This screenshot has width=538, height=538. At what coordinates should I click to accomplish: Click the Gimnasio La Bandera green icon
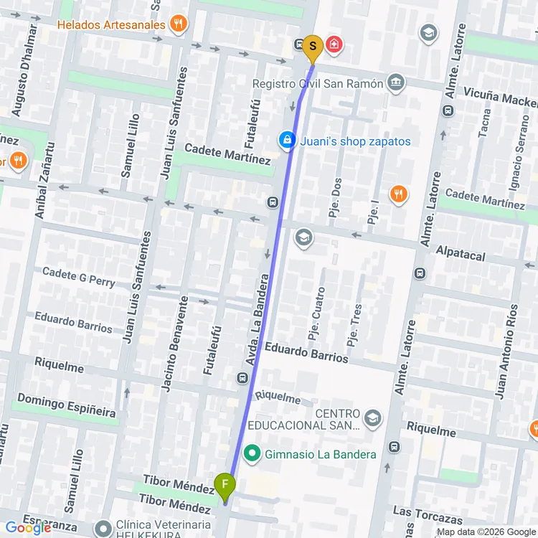(x=252, y=453)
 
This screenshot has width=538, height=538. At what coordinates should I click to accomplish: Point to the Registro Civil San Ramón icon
(x=395, y=83)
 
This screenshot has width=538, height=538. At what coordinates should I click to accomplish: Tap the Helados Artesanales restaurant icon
(x=179, y=24)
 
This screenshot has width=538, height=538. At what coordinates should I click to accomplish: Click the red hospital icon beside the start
(x=334, y=45)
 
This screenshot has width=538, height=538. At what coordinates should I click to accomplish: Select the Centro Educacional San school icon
(x=372, y=417)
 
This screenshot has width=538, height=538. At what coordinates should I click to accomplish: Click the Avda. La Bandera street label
(x=260, y=319)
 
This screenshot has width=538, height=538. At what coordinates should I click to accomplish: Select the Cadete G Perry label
(x=78, y=276)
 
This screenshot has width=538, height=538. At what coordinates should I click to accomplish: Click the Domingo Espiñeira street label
(x=66, y=405)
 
